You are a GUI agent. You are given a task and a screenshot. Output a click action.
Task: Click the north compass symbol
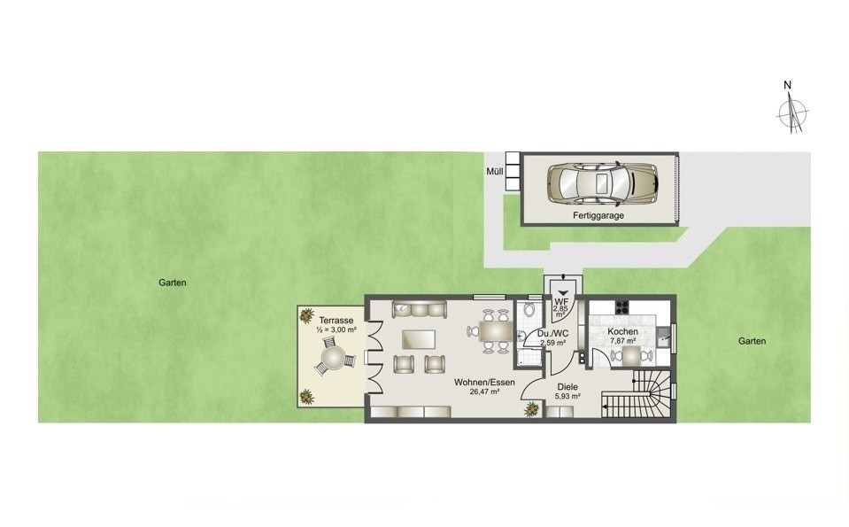coord(791,111)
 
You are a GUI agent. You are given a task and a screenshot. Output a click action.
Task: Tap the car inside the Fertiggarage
coord(603,183)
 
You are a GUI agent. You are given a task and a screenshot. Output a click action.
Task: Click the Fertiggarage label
coord(598,215)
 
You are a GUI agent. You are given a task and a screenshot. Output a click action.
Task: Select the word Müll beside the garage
coord(494,172)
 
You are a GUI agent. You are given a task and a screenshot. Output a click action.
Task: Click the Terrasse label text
coord(336,320)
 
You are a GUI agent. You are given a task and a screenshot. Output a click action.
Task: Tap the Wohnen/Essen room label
coord(484,383)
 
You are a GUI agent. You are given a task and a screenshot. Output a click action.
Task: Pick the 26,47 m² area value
coord(484,391)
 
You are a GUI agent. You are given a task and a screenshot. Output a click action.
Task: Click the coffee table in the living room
coord(419,339)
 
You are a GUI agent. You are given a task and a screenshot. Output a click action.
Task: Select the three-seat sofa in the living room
coord(419,309)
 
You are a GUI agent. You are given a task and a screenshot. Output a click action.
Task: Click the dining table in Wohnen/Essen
coord(496,331)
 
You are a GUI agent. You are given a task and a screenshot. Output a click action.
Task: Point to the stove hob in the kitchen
coord(621,307)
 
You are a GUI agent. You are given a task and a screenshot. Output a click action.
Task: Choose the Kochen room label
coord(622,331)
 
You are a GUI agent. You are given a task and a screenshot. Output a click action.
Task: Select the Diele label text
coord(567,387)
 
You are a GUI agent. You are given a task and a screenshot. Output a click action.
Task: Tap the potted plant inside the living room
coord(531,409)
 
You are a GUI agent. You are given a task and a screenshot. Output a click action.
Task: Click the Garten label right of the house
coord(753,341)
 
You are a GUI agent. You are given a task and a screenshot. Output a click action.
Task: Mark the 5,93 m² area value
coord(567,397)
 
